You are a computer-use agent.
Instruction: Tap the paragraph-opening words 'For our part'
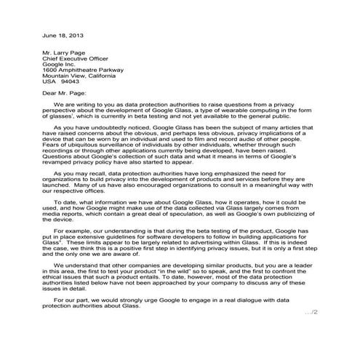click(71, 319)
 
